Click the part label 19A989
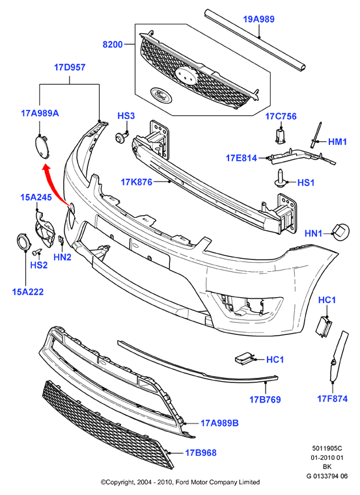pos(258,20)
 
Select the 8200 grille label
pos(113,44)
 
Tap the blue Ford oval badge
pos(161,95)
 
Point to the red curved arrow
pos(55,184)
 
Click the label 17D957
pos(70,68)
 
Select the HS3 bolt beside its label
pos(120,137)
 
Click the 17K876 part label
pos(136,182)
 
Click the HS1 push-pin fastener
pos(280,179)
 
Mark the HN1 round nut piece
pos(340,232)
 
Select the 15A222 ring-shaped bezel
pos(23,243)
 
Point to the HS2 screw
pos(37,252)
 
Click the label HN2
pos(62,258)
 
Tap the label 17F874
pos(332,399)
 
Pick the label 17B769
pos(265,399)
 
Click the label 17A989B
pos(219,423)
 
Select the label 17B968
pos(201,453)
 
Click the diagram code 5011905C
pos(327,448)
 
